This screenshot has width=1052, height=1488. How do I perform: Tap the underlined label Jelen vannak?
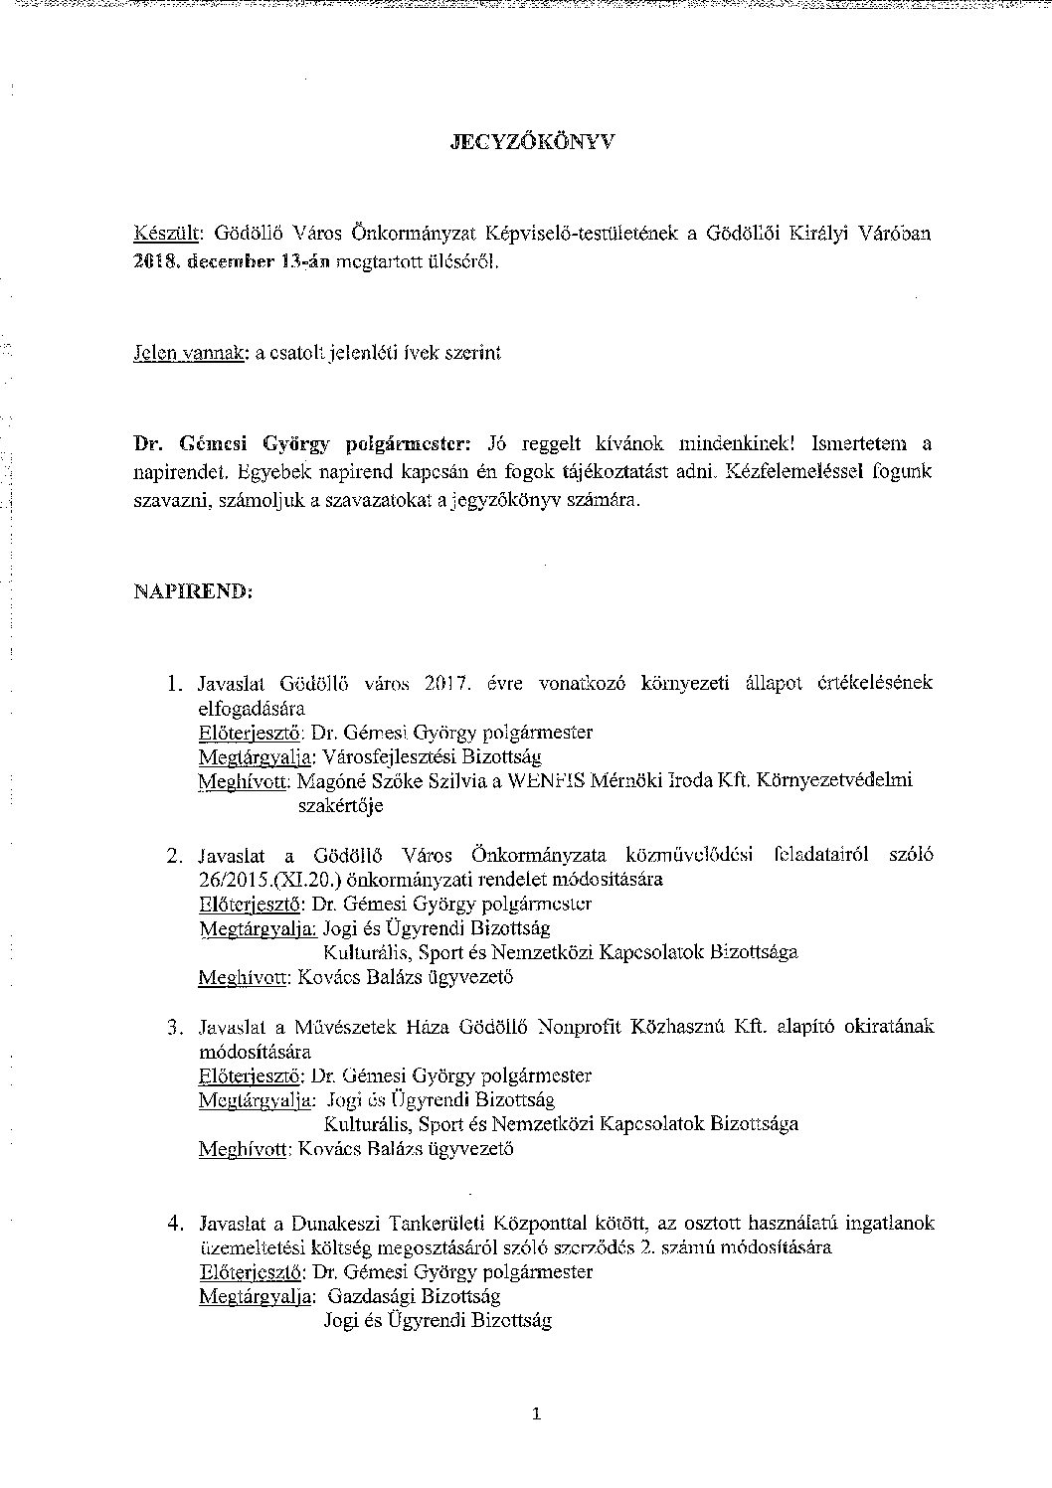(190, 353)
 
